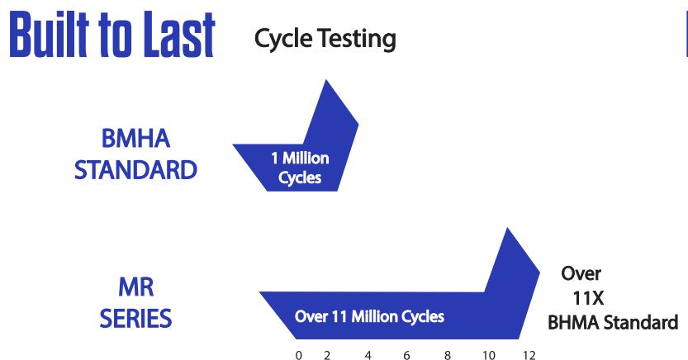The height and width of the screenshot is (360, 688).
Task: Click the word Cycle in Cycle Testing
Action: pos(283,39)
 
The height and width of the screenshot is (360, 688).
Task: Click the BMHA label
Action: pos(135,139)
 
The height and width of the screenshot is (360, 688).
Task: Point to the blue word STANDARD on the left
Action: pos(135,170)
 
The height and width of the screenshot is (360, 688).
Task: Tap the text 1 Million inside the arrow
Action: pos(300,158)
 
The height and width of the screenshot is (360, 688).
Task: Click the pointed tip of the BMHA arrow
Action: pos(326,80)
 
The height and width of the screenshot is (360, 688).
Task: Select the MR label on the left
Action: pos(136,287)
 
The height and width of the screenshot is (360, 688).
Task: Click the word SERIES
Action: pos(135,319)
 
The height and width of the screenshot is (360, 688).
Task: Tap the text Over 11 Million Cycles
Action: pos(369,316)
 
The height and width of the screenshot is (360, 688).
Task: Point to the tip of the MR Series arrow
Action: pos(508,228)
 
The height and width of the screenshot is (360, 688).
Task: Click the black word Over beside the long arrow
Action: pos(581,273)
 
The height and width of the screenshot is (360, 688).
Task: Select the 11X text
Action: pos(588,298)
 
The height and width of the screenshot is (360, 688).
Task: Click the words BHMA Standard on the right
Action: pos(613,323)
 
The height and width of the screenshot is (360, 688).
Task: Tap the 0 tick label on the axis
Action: pos(299,355)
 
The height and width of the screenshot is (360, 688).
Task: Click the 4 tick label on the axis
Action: pos(368,355)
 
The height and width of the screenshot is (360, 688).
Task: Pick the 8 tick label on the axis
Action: pos(448,355)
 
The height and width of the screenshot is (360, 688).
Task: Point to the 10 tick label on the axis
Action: pos(489,355)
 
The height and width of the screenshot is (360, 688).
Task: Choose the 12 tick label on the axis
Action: pos(529,355)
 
